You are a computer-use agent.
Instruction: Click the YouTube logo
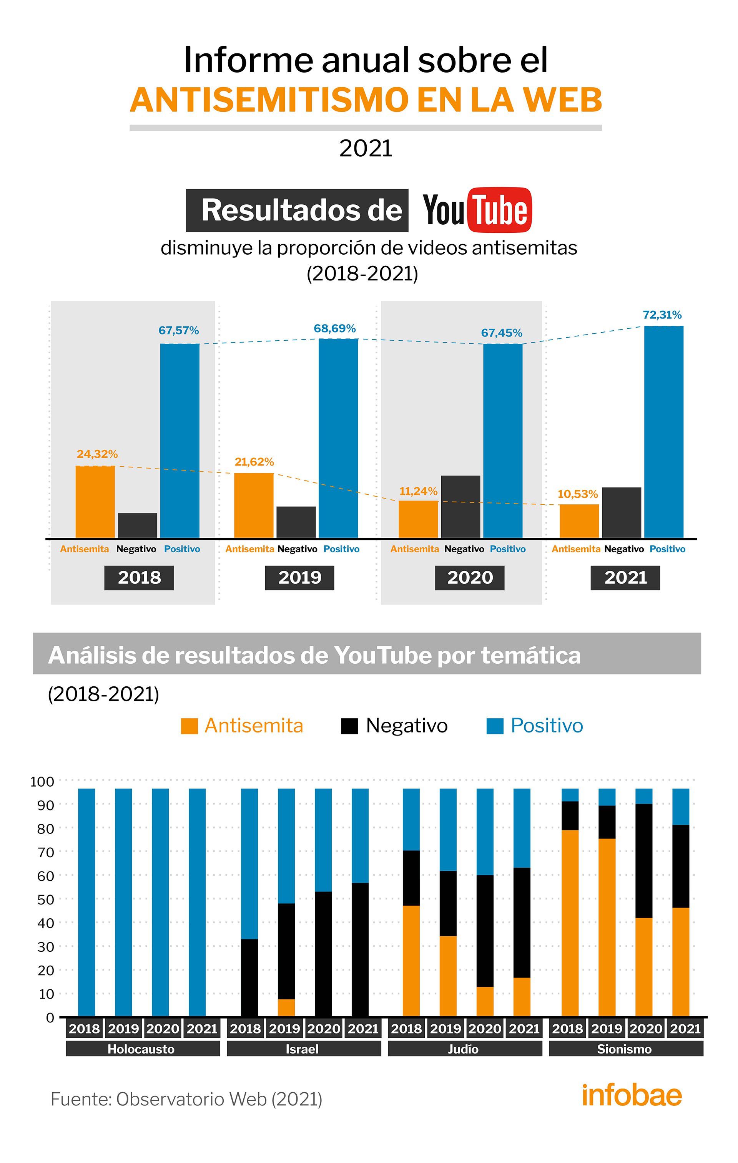(x=477, y=210)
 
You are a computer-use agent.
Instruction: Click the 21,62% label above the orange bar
(x=254, y=462)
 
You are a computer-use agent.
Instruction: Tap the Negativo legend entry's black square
(x=349, y=726)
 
